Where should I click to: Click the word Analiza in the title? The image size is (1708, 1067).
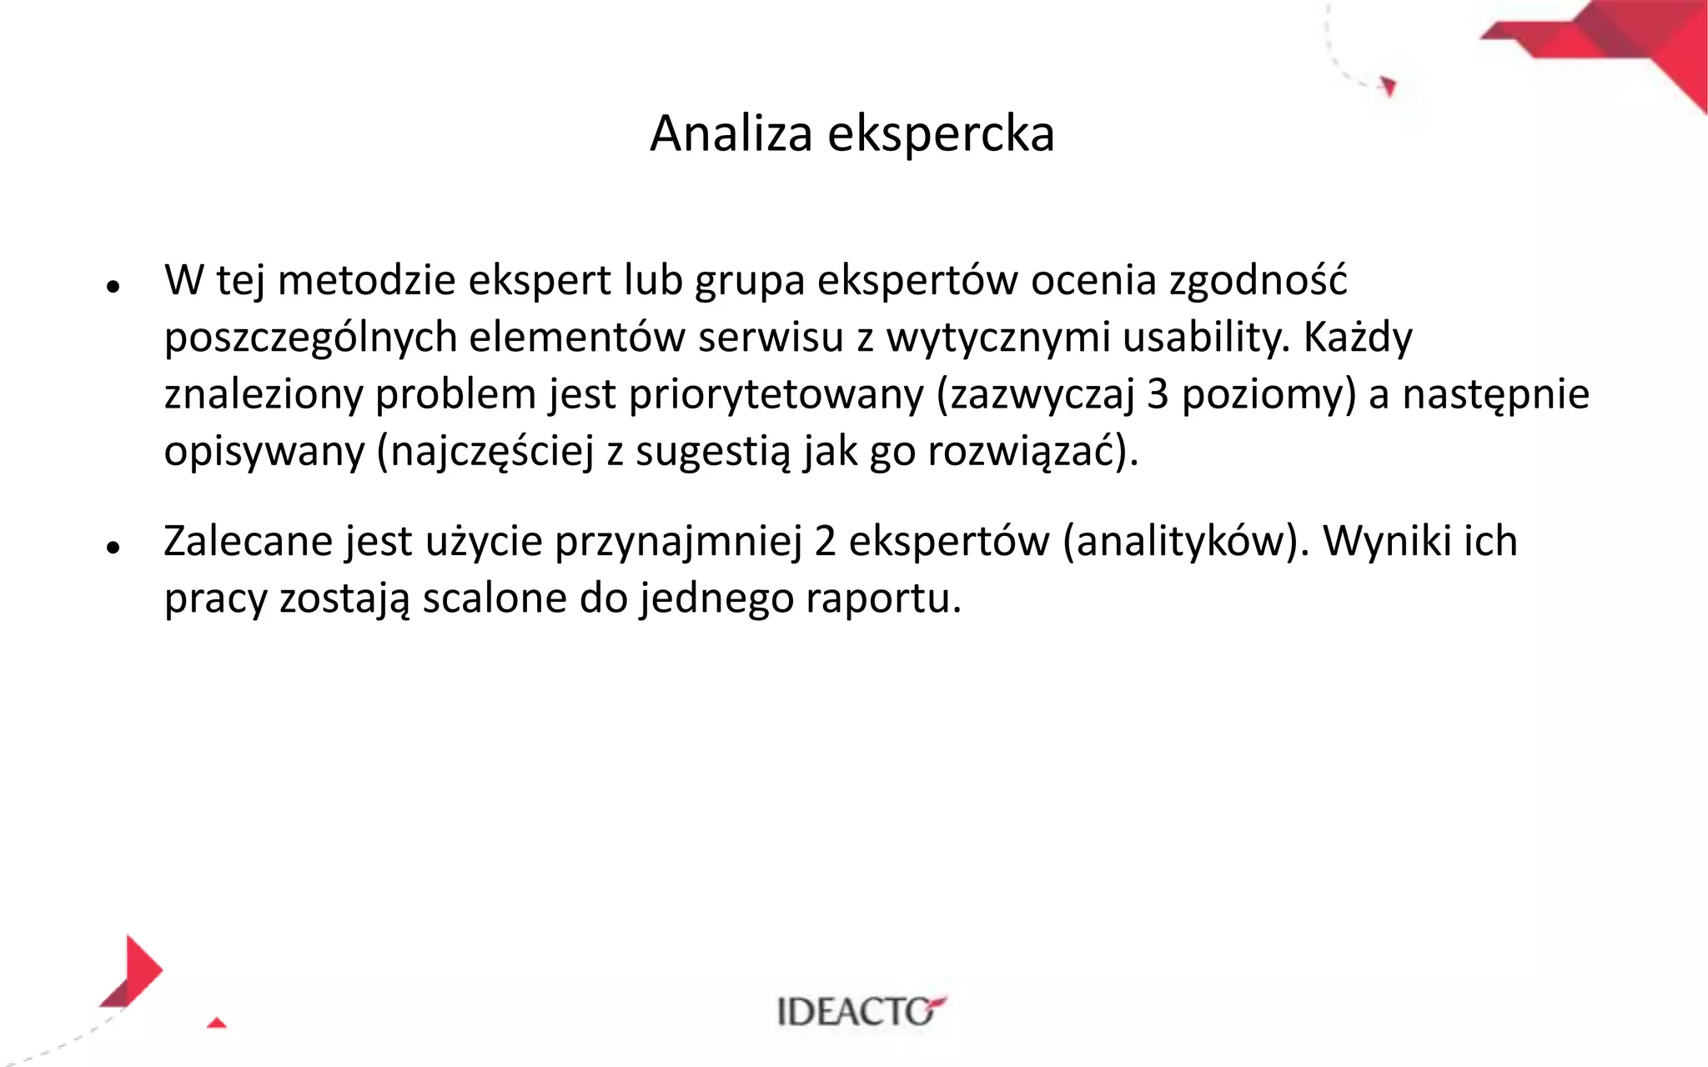coord(731,133)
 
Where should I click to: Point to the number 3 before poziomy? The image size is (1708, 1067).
coord(1158,394)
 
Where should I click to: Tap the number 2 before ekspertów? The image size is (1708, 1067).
coord(825,541)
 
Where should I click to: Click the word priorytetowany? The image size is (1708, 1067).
coord(776,395)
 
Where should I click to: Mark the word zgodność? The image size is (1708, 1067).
coord(1258,281)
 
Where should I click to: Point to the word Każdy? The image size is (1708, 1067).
coord(1358,338)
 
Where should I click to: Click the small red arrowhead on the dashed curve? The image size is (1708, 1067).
coord(1388,86)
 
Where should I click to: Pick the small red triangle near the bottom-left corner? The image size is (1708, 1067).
coord(217,1023)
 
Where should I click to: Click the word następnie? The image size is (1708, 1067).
coord(1495,395)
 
